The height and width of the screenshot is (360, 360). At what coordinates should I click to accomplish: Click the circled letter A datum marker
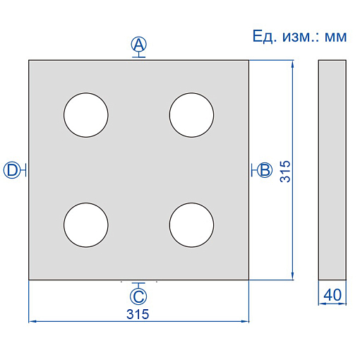point(139,44)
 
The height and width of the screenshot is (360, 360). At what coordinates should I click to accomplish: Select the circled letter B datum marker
point(265,170)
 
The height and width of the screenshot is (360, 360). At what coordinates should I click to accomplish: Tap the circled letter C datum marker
point(138,296)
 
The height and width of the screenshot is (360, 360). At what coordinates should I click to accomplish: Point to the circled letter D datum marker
point(11,170)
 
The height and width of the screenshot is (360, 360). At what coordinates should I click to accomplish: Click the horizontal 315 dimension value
point(138,314)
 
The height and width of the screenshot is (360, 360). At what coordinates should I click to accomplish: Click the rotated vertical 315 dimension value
point(285,172)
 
